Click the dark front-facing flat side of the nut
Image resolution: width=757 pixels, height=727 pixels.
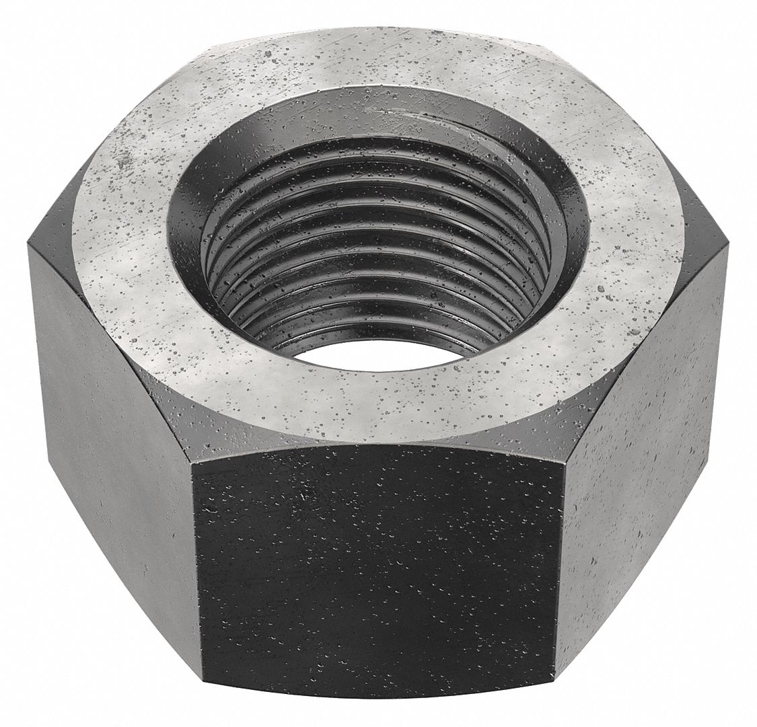pos(377,572)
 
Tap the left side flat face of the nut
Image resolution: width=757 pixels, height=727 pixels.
pos(108,430)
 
